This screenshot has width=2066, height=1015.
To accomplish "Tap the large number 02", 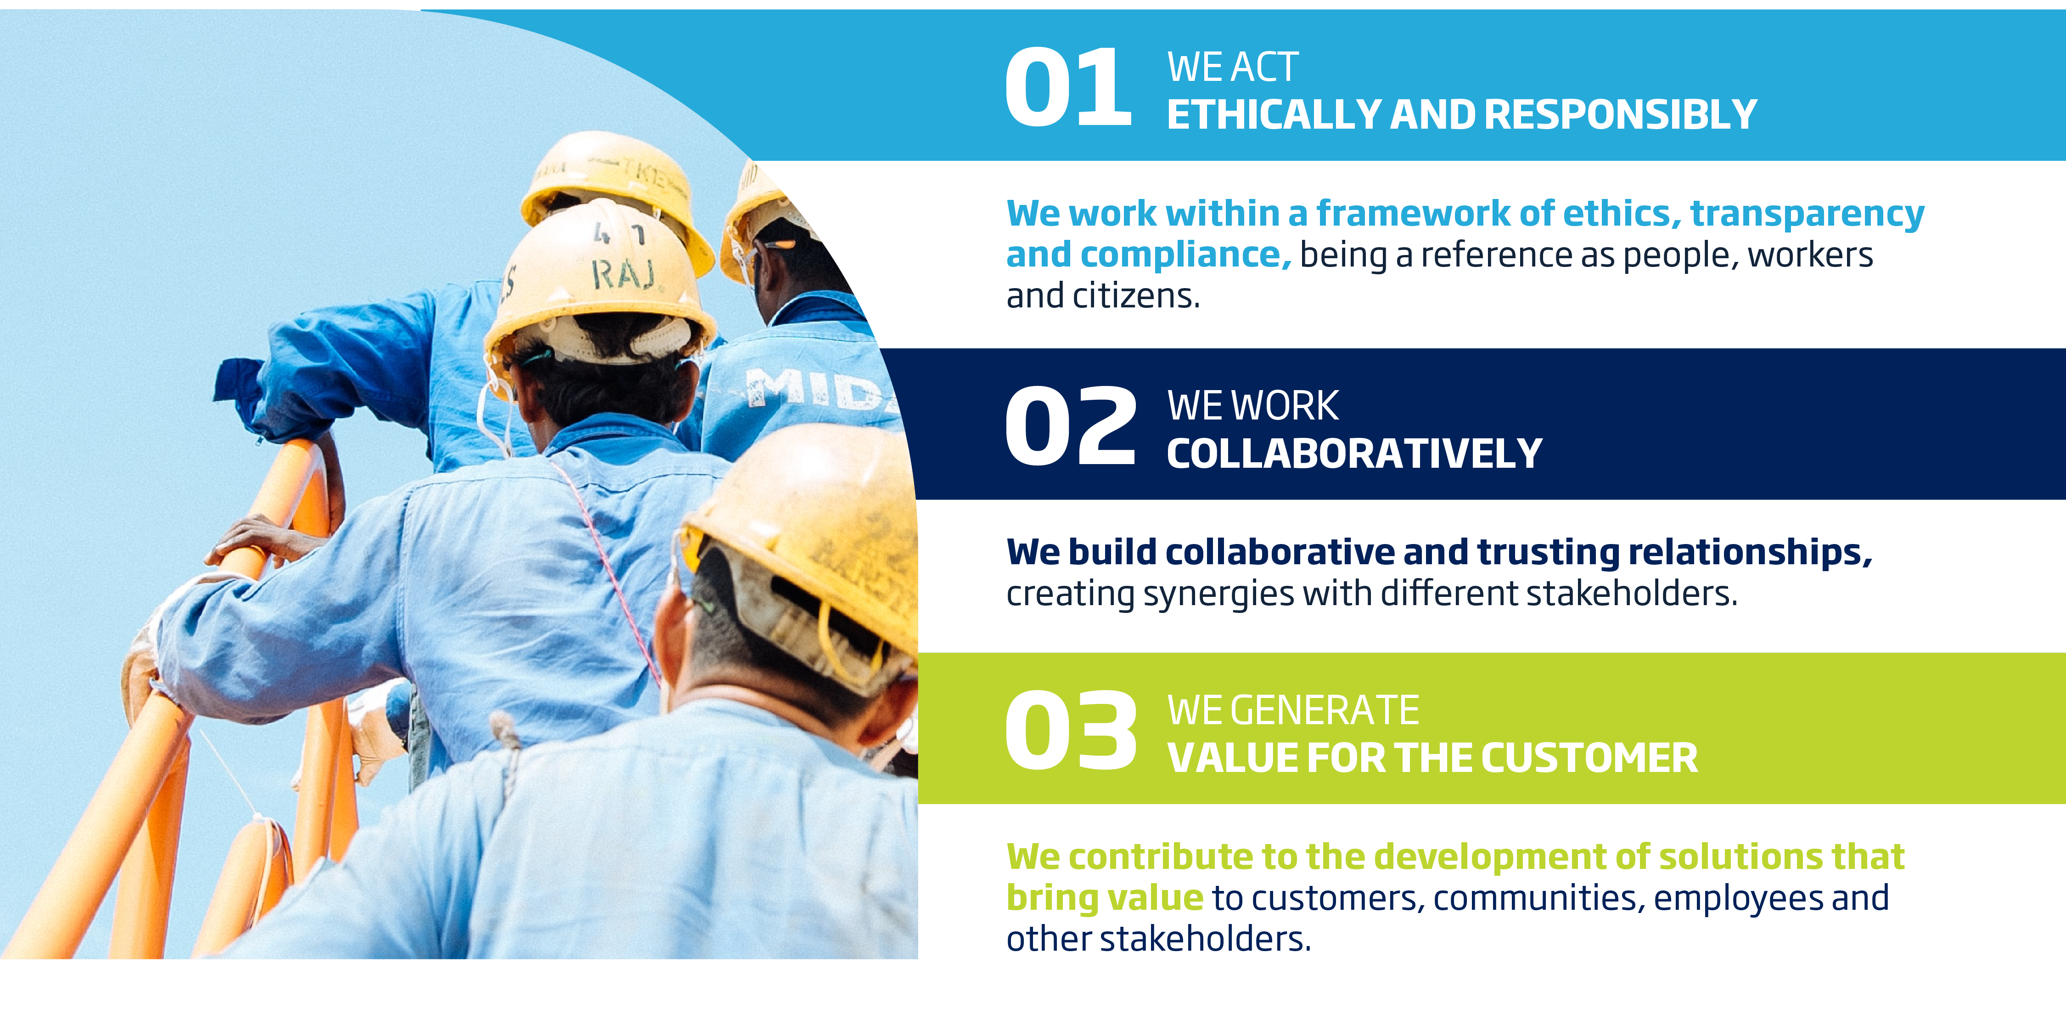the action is tap(1071, 425).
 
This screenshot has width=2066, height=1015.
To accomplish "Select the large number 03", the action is tap(1071, 730).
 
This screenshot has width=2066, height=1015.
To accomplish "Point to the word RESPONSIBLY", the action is tap(1621, 115).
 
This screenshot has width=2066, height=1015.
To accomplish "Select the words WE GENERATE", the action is tap(1293, 710).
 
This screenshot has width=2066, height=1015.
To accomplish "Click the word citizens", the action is tap(1136, 296).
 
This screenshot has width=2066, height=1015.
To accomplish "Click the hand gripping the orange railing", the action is tap(257, 539).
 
